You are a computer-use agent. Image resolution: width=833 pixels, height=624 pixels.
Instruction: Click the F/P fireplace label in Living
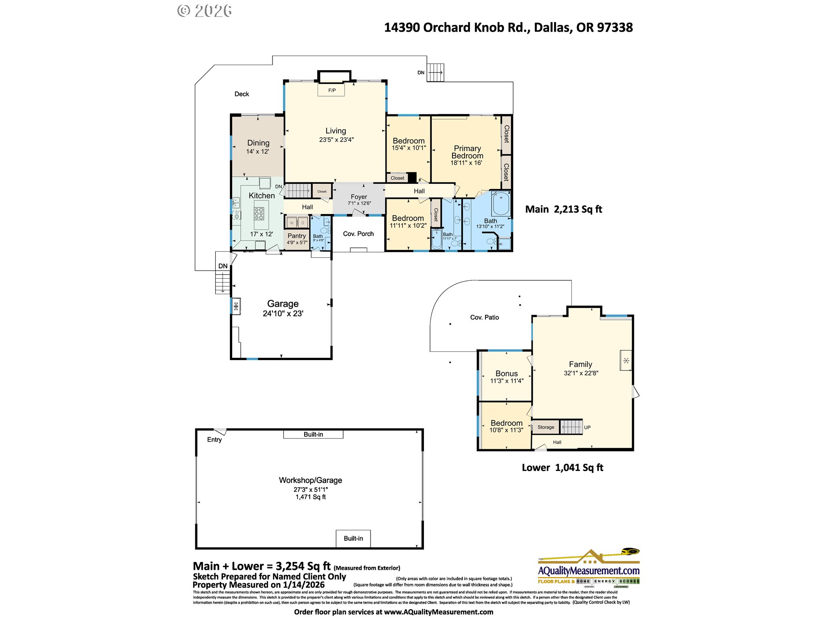click(331, 90)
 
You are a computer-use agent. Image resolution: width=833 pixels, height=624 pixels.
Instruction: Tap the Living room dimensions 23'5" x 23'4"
click(336, 140)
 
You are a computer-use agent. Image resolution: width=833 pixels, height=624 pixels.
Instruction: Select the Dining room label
click(258, 143)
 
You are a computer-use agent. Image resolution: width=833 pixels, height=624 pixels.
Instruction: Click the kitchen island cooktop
click(259, 214)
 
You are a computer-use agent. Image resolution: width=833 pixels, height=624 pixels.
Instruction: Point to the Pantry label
click(297, 236)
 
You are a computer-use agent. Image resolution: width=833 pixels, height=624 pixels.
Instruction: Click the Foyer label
click(359, 196)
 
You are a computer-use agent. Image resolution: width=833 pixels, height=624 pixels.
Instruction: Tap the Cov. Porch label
click(358, 234)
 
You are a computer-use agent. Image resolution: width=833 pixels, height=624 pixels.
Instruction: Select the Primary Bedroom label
click(467, 152)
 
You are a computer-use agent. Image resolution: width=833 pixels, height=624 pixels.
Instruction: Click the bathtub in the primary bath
click(501, 204)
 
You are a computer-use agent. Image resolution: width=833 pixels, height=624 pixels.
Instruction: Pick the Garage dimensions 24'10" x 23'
click(283, 313)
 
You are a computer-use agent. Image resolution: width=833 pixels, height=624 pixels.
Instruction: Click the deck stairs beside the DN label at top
click(435, 72)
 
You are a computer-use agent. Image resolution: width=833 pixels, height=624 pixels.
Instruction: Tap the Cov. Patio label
click(484, 317)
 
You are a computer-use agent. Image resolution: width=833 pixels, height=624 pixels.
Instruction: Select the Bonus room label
click(506, 373)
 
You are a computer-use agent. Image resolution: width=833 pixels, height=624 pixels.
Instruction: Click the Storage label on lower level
click(545, 427)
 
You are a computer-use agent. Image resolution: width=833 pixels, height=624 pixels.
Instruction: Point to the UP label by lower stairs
click(587, 427)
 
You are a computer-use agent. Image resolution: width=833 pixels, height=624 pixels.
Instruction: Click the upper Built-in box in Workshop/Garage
click(313, 434)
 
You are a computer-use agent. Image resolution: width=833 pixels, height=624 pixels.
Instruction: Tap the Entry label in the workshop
click(214, 439)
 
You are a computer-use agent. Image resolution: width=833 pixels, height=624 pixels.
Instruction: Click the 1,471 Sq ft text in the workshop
click(311, 497)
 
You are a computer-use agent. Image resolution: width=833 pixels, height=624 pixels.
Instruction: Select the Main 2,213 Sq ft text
click(563, 209)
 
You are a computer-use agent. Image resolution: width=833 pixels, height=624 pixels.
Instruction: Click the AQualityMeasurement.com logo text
click(588, 570)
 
